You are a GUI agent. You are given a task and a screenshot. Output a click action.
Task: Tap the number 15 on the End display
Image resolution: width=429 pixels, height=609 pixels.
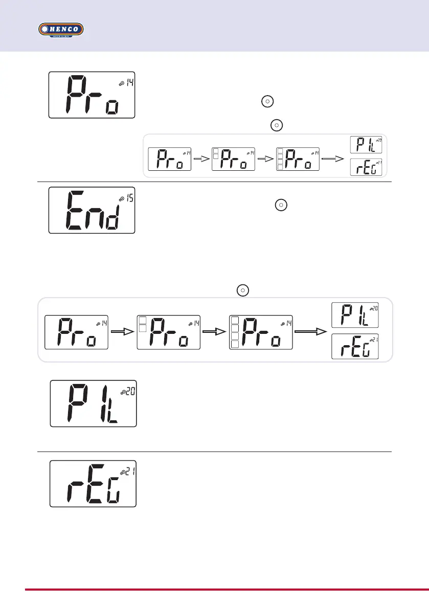click(x=130, y=198)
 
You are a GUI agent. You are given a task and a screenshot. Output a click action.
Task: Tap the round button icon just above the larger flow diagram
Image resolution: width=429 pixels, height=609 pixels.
click(x=243, y=290)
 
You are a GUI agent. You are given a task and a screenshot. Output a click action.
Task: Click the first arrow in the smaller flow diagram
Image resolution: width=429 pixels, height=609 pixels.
click(x=201, y=159)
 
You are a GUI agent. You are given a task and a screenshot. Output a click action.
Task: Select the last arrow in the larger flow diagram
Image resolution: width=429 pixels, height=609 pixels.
click(x=313, y=331)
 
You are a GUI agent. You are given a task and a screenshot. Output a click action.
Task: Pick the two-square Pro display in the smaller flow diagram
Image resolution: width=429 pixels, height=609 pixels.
click(x=233, y=159)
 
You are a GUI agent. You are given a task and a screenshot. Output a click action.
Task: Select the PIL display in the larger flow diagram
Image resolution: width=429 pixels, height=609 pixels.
click(x=354, y=315)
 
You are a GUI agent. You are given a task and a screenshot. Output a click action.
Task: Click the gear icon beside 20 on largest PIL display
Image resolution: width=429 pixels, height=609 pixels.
click(x=123, y=393)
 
